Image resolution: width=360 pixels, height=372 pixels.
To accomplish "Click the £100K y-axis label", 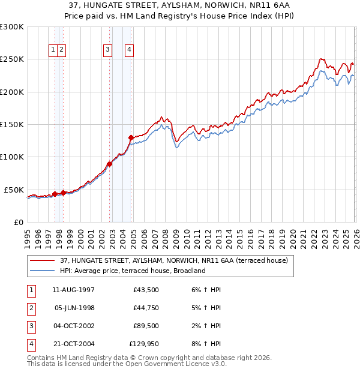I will click(x=12, y=157).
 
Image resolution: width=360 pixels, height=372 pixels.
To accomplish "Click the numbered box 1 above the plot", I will click(x=53, y=50).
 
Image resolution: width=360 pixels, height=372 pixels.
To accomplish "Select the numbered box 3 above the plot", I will click(x=107, y=50).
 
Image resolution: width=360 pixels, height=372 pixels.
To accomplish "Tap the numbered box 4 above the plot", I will click(x=129, y=50).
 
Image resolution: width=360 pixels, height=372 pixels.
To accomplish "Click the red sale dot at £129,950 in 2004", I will click(x=131, y=137).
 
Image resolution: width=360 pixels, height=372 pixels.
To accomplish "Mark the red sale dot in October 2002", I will click(x=109, y=164).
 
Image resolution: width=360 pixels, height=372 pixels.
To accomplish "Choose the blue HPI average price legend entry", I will click(x=133, y=271).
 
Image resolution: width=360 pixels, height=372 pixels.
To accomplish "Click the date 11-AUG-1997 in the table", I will click(x=74, y=290).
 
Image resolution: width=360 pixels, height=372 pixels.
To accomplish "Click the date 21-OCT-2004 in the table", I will click(x=74, y=344).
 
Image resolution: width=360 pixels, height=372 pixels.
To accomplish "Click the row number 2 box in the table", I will click(x=30, y=308).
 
